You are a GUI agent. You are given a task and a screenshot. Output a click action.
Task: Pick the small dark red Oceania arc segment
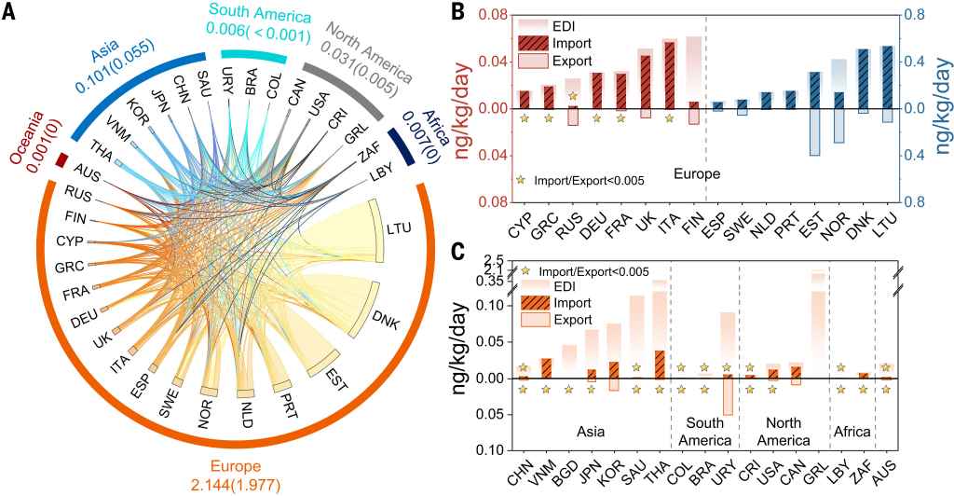[62, 160]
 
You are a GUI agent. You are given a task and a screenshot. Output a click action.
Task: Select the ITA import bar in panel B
[669, 76]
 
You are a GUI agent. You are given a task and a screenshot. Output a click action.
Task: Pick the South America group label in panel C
[703, 432]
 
